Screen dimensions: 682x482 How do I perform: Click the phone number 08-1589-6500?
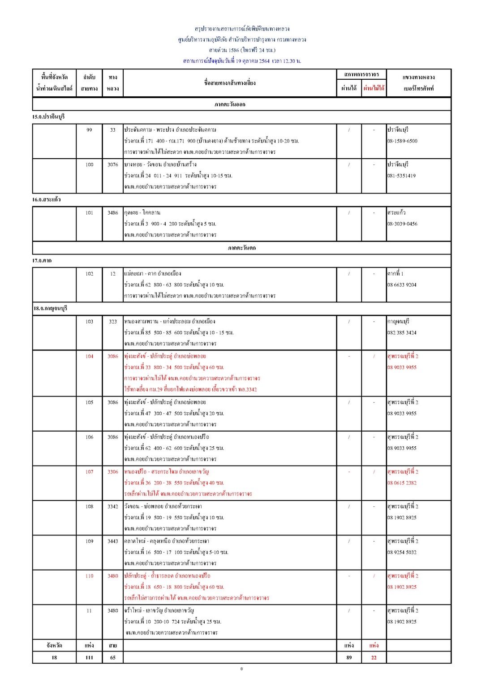click(402, 141)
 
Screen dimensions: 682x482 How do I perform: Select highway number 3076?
click(113, 165)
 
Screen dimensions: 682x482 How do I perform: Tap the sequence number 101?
click(89, 213)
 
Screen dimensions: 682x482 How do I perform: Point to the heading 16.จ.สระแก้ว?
click(46, 200)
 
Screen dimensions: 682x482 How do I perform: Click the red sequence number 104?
click(89, 357)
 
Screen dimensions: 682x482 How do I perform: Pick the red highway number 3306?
click(113, 472)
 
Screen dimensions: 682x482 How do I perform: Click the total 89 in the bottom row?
click(349, 658)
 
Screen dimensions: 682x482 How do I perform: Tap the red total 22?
click(374, 658)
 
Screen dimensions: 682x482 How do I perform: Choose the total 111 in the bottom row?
click(89, 658)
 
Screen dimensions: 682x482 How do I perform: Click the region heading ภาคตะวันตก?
click(241, 248)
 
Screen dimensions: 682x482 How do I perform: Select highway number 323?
click(113, 322)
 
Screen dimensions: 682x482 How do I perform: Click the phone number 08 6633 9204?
click(402, 285)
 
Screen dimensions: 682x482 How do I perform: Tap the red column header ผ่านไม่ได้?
click(374, 88)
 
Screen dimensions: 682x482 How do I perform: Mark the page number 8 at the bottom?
click(241, 669)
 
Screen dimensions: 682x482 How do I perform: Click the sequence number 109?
click(89, 541)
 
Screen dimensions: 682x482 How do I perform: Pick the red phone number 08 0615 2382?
click(402, 483)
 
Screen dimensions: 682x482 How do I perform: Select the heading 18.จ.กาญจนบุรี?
click(50, 309)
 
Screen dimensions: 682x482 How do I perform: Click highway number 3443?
click(113, 541)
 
